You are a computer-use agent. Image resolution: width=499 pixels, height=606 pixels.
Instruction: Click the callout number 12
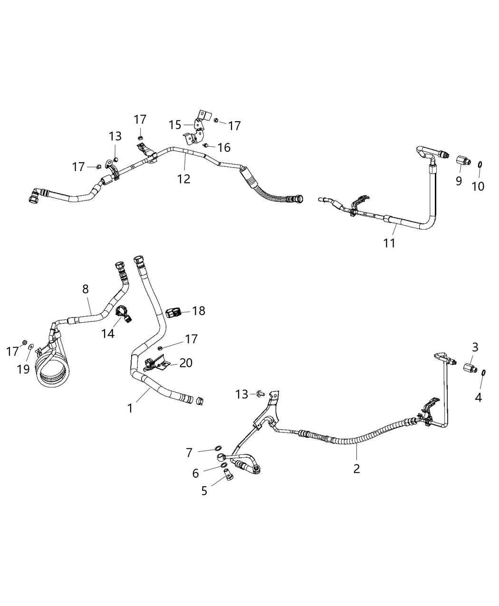(183, 179)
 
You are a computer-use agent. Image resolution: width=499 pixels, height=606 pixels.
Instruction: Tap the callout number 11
(390, 243)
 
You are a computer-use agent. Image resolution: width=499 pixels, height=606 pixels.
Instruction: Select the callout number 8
(86, 289)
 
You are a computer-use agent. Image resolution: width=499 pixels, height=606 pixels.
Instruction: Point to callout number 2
(356, 468)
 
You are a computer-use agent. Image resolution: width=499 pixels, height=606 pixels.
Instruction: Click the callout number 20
(186, 363)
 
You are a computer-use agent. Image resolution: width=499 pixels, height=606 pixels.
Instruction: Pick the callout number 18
(199, 311)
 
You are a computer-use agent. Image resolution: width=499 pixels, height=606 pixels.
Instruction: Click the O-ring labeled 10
(480, 164)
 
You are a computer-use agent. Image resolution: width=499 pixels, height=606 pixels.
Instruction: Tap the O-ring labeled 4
(483, 373)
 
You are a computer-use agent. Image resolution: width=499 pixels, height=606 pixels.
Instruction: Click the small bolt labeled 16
(206, 145)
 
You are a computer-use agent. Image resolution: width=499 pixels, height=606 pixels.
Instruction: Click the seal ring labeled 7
(218, 447)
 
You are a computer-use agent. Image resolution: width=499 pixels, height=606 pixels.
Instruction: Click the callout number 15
(175, 125)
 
